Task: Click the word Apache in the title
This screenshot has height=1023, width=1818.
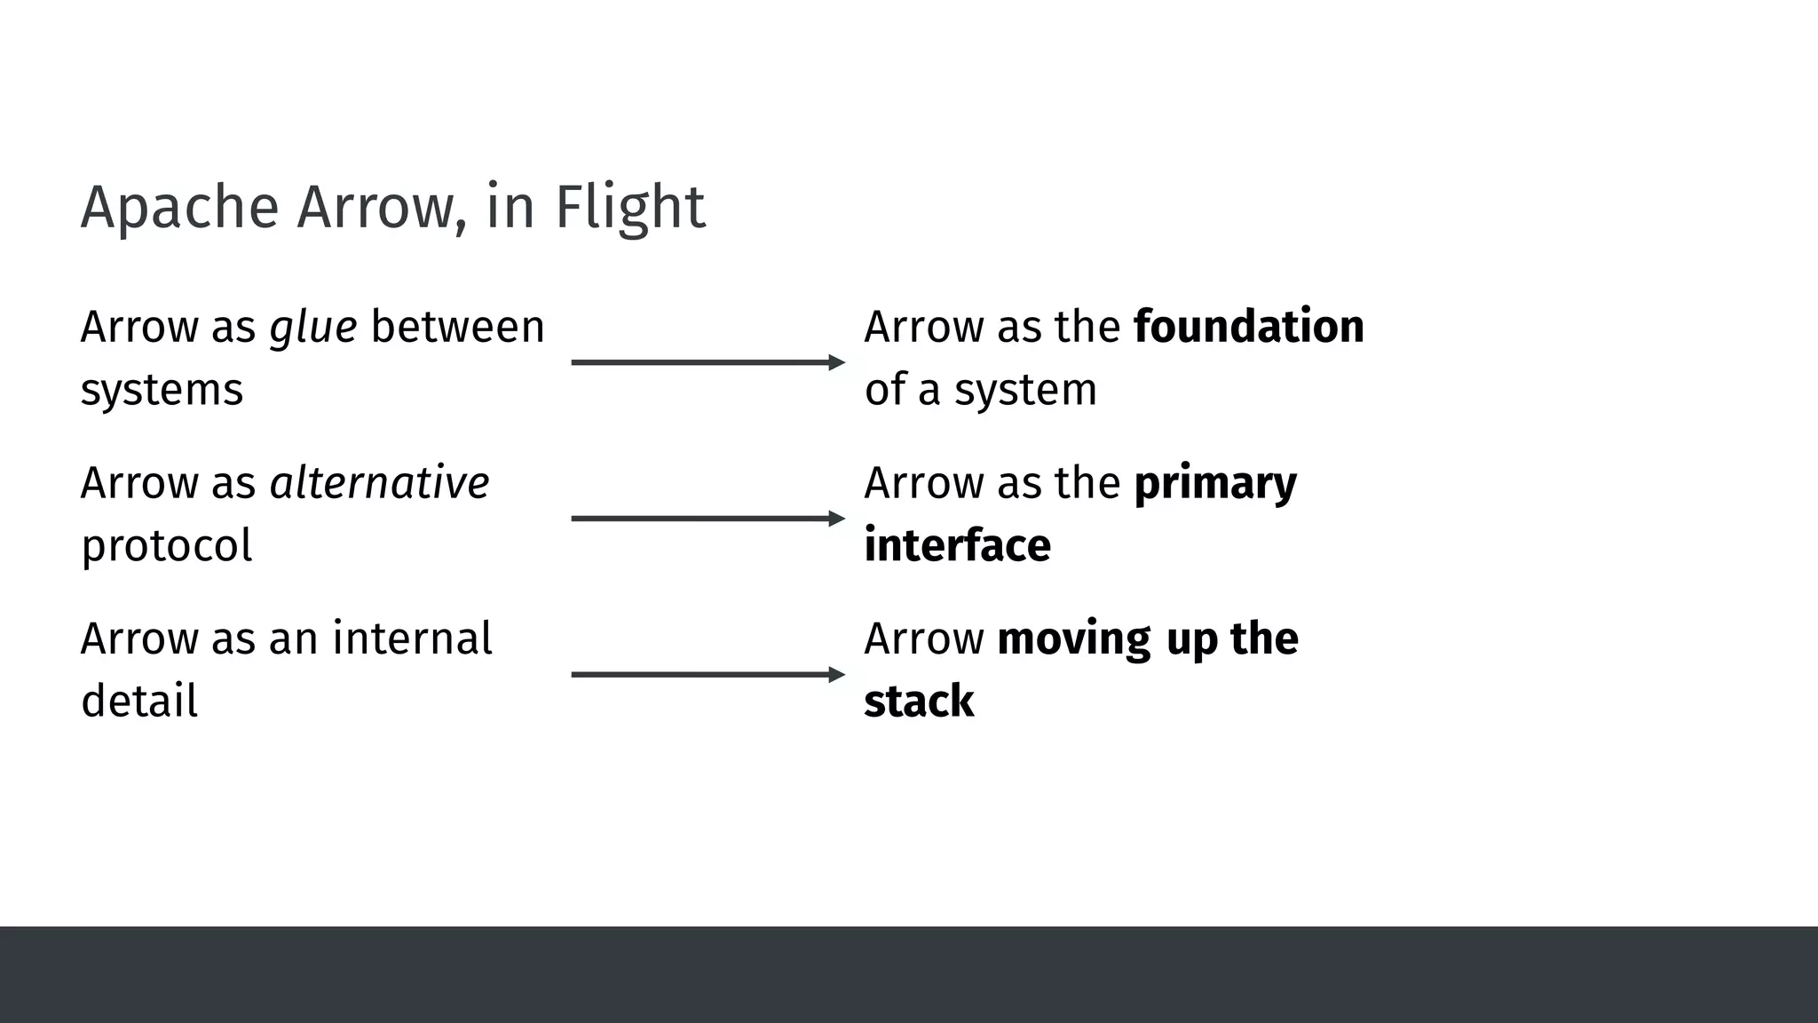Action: (179, 208)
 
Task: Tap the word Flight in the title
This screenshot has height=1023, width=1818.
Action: (630, 208)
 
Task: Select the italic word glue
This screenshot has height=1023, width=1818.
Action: (313, 328)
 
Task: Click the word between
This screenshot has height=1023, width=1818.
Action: (457, 327)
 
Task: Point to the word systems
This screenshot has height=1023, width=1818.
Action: (162, 391)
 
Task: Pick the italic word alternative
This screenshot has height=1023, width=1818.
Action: (379, 483)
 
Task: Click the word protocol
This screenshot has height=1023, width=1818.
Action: (167, 546)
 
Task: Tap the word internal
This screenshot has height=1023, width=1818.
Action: (412, 638)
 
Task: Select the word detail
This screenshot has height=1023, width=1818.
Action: (139, 702)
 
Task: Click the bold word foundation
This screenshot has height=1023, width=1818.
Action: (1249, 327)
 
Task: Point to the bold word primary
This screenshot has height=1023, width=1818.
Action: (1215, 485)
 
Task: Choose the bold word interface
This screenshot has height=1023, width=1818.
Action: (957, 545)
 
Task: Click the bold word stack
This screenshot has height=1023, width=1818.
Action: (919, 702)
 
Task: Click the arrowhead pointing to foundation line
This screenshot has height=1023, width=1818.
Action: (836, 362)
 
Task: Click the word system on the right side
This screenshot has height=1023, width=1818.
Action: (1025, 391)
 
